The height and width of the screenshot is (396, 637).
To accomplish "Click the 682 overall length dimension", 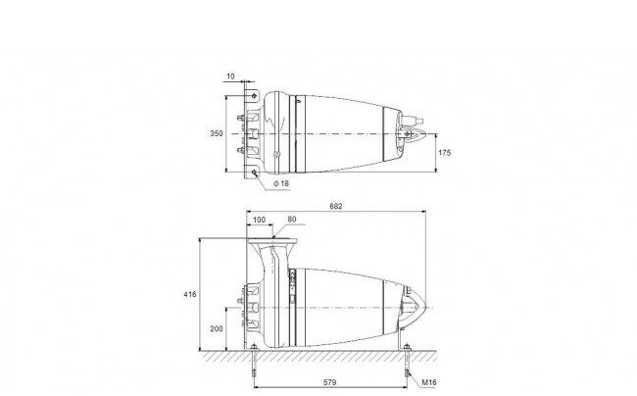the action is click(335, 206).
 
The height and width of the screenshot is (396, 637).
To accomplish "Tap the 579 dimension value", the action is click(329, 382).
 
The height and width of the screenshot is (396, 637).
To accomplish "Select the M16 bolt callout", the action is click(429, 382).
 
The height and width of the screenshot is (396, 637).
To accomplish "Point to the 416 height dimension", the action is click(190, 294).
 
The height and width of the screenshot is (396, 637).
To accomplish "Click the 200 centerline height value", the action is click(217, 328).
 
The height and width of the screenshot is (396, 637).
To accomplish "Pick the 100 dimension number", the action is click(259, 220).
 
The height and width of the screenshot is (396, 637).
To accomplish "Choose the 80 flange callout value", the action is click(292, 220).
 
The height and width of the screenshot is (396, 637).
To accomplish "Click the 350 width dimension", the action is click(217, 133).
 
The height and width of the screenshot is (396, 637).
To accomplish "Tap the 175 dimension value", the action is click(445, 153).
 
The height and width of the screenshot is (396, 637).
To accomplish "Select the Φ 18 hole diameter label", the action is click(281, 183).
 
